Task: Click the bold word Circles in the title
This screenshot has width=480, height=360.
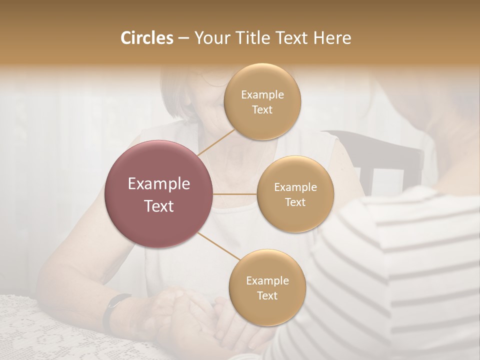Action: tap(147, 38)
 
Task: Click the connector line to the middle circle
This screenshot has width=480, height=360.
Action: tap(235, 193)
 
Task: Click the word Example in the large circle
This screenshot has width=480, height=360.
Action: tap(158, 184)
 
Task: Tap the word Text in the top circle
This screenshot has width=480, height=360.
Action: tap(262, 109)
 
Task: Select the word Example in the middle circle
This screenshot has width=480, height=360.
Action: tap(295, 187)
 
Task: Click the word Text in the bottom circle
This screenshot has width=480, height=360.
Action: tap(267, 295)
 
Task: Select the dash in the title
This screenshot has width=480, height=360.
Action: tap(183, 38)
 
